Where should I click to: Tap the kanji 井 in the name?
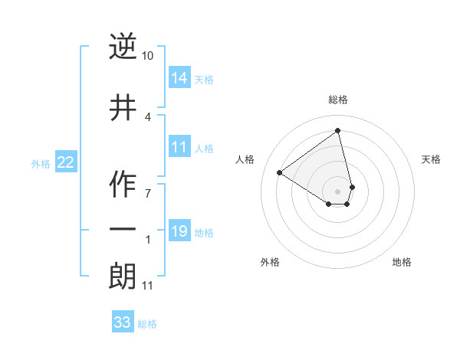tap(123, 108)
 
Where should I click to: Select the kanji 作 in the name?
tap(123, 185)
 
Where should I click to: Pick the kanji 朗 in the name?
tap(123, 276)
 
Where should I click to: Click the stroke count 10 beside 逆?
tap(148, 56)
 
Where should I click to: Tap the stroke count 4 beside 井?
tap(148, 116)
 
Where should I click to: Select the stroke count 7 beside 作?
tap(148, 193)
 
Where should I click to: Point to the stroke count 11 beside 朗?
tap(148, 286)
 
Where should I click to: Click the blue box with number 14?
tap(179, 78)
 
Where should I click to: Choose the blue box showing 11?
tap(179, 147)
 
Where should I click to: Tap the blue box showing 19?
tap(179, 231)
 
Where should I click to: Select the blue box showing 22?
tap(65, 162)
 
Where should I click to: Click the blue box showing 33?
tap(123, 322)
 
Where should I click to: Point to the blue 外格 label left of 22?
tap(41, 163)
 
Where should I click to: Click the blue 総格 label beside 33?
tap(147, 324)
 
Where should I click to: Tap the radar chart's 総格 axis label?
tap(338, 100)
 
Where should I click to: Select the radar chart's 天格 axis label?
tap(432, 159)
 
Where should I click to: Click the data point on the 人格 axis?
tap(280, 173)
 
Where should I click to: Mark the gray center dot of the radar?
tap(338, 191)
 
